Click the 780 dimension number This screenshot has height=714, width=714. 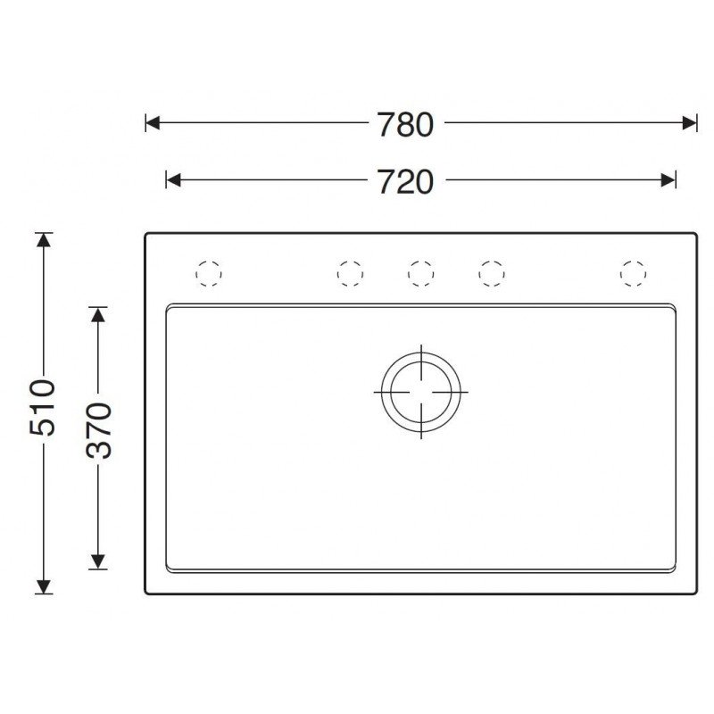click(x=405, y=125)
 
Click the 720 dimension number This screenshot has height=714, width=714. click(x=406, y=182)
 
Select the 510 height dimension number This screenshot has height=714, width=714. click(x=42, y=407)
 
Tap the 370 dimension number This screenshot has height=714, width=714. click(x=99, y=430)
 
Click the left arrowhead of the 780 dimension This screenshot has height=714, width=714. click(x=153, y=123)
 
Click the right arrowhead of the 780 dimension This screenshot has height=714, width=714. click(x=689, y=123)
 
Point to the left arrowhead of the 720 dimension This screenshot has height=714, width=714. click(x=173, y=180)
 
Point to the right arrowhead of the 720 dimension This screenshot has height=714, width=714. click(x=668, y=180)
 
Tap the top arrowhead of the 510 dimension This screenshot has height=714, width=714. click(x=43, y=240)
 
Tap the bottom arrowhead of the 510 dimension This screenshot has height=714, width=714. click(x=43, y=586)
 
